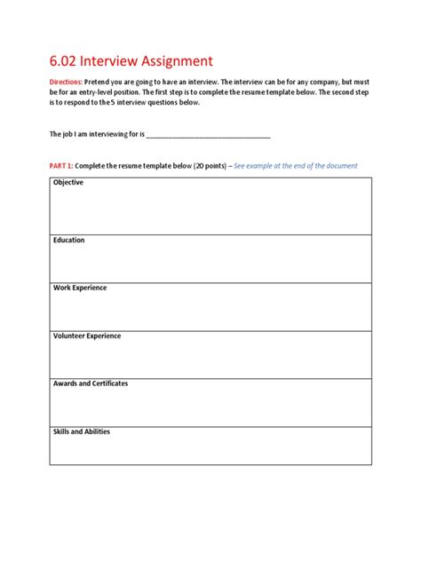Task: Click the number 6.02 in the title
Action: pos(65,61)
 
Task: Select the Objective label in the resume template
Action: pos(68,182)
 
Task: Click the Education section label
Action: pos(69,240)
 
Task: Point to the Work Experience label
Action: pos(80,288)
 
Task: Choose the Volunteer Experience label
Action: pos(87,336)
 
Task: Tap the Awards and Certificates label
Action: pos(91,383)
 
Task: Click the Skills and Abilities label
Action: pos(82,431)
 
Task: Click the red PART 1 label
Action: pos(60,165)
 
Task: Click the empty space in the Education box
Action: pos(210,264)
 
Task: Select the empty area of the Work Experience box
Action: pos(210,312)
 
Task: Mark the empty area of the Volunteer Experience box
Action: pos(210,360)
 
